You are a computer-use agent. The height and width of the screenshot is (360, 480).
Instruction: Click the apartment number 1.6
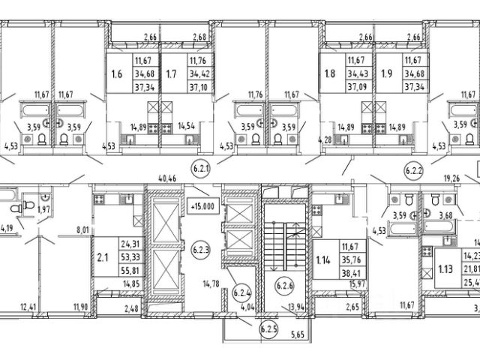point(116,74)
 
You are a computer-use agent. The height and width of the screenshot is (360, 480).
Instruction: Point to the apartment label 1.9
point(386,74)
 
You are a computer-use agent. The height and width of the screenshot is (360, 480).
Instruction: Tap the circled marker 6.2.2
point(414,169)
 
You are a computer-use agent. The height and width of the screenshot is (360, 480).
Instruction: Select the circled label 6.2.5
point(268,327)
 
